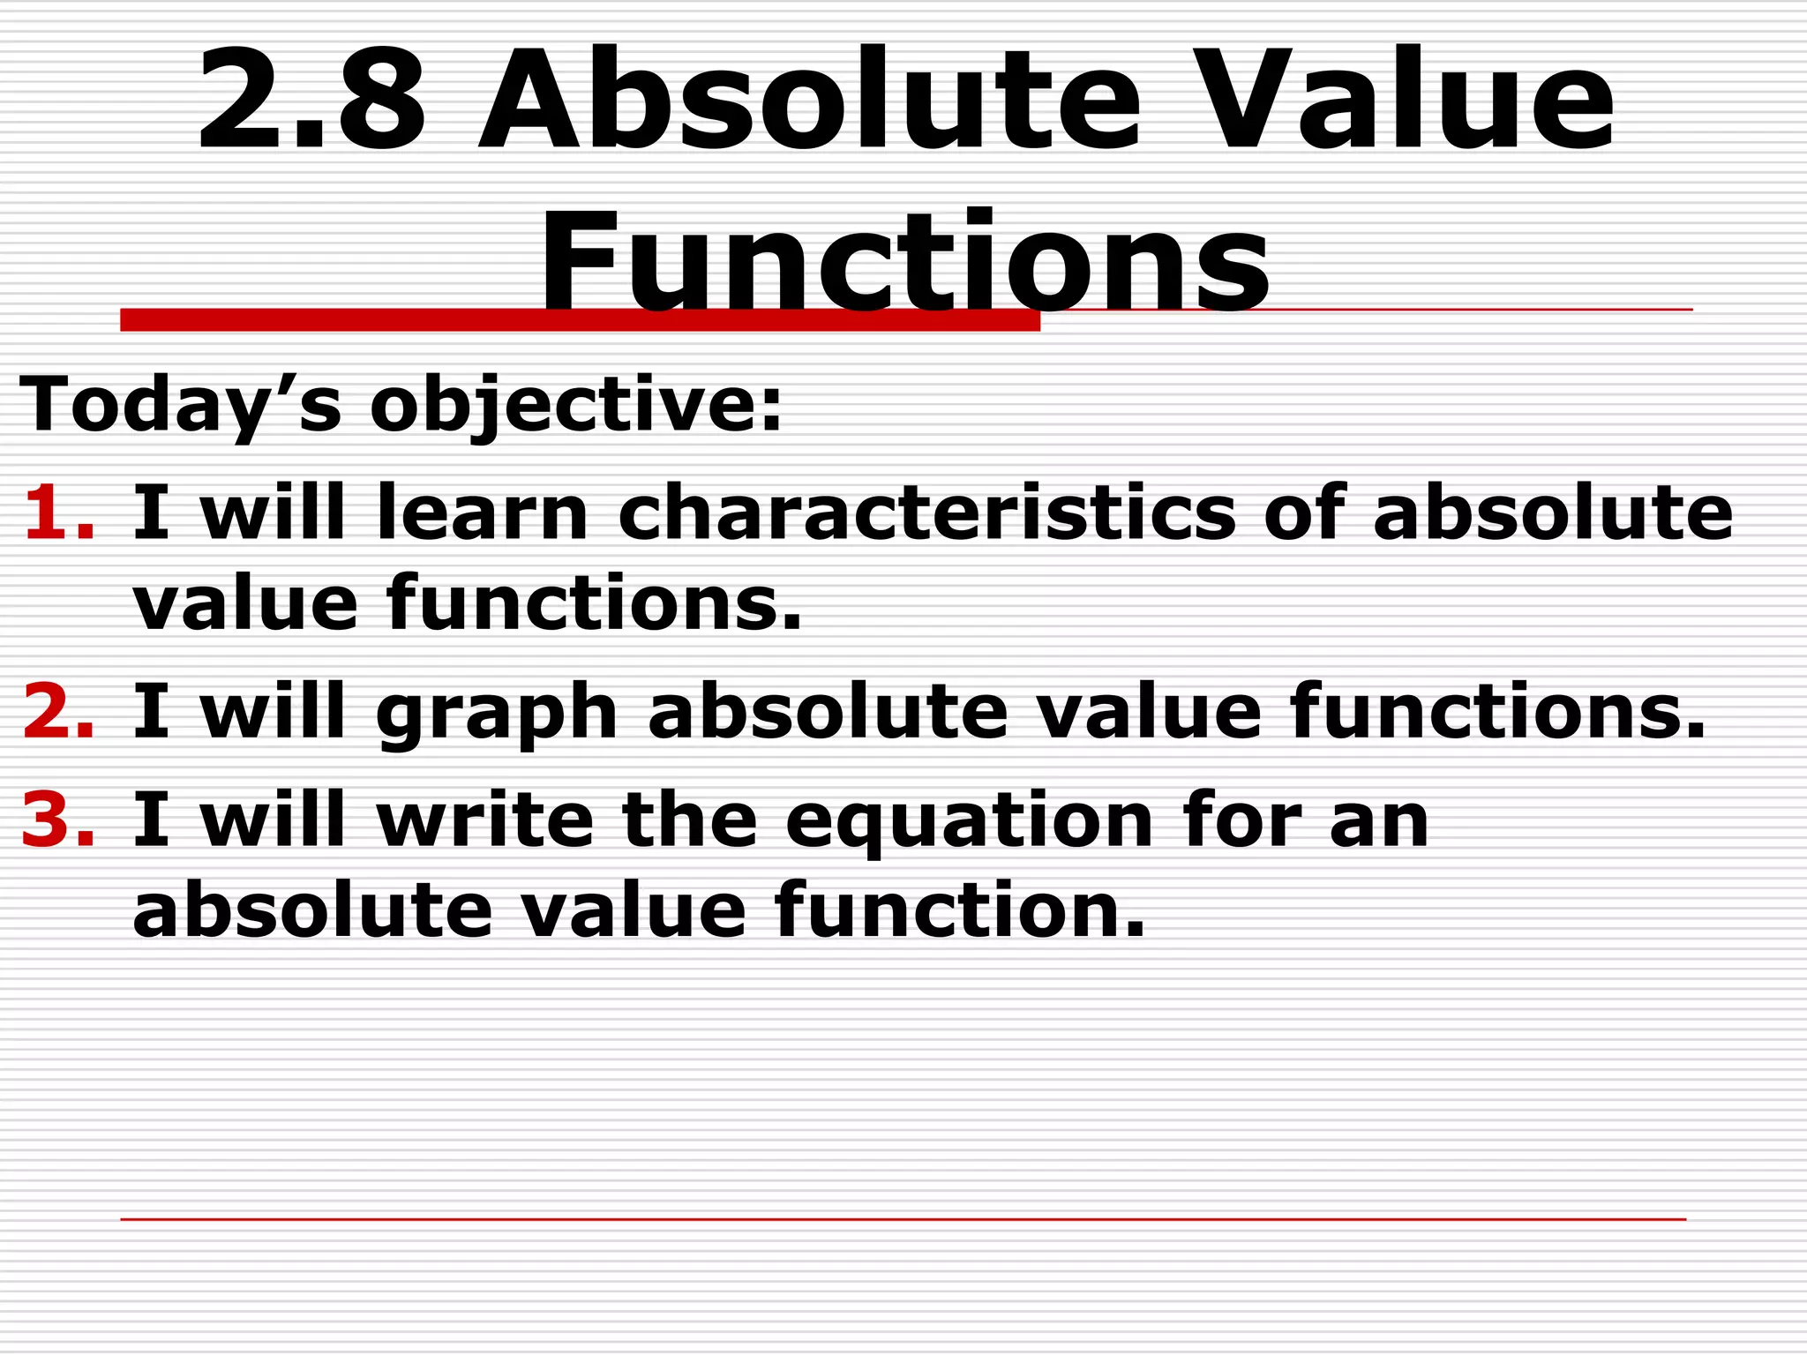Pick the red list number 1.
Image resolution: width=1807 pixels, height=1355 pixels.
[x=58, y=513]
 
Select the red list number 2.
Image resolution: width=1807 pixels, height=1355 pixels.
[x=58, y=712]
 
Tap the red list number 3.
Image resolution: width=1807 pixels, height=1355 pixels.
[x=58, y=820]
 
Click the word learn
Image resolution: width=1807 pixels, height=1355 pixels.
[x=482, y=513]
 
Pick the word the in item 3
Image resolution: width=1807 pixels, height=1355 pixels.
[x=689, y=820]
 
